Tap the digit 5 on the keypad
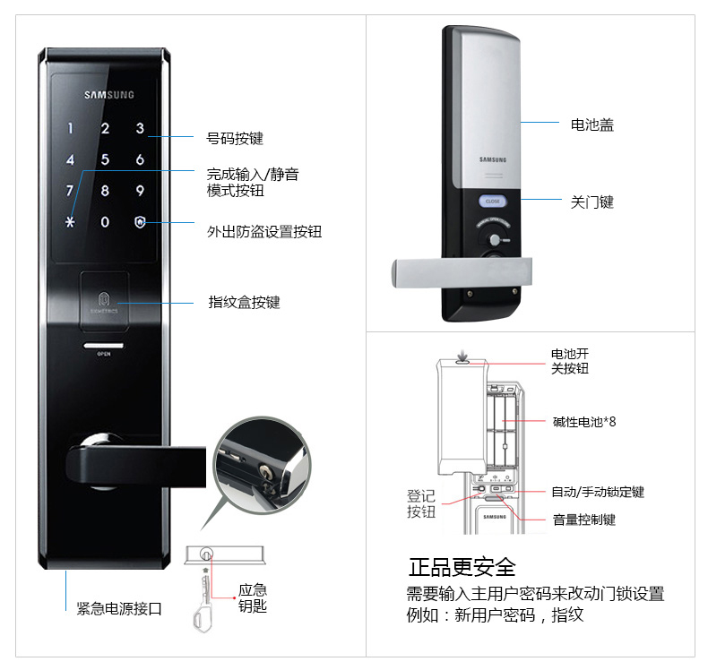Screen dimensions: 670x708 pos(105,160)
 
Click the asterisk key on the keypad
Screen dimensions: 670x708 pos(70,221)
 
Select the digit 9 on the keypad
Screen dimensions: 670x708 pos(140,191)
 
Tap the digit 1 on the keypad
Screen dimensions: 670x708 pos(70,129)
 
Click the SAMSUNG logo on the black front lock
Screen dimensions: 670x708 pos(109,94)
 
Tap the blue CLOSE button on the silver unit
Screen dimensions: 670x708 pos(493,202)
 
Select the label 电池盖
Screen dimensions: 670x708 pos(592,125)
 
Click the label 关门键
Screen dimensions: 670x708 pos(592,202)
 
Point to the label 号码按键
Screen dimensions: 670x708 pos(235,139)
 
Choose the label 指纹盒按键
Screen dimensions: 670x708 pos(244,302)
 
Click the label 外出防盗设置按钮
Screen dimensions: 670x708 pos(263,232)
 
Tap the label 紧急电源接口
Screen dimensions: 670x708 pos(119,608)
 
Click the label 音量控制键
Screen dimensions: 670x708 pos(584,520)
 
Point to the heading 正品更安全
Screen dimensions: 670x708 pos(462,567)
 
